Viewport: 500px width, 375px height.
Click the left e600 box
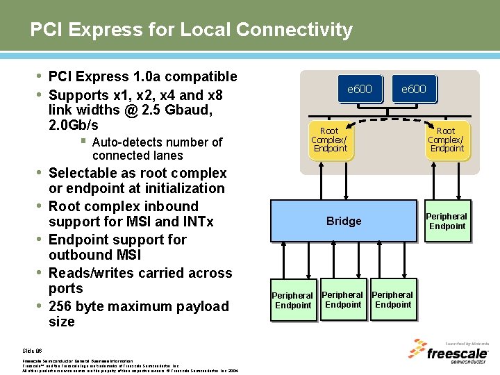[x=359, y=89]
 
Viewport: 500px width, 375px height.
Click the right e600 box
[x=413, y=89]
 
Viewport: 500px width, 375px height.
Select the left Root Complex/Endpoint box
[x=330, y=140]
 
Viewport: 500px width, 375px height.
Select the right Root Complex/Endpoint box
[x=446, y=140]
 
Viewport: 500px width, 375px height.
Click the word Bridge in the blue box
[x=344, y=221]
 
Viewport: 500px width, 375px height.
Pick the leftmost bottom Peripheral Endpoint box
[x=292, y=300]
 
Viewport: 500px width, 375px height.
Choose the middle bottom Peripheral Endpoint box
[x=343, y=299]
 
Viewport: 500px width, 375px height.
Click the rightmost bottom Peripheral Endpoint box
[x=393, y=299]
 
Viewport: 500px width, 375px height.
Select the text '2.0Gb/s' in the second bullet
[x=74, y=126]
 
